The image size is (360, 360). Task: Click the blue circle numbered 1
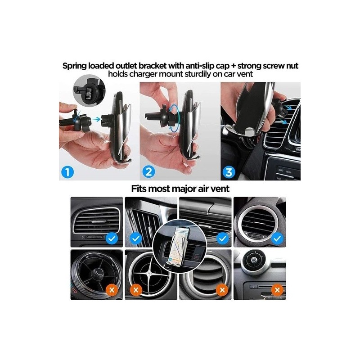[x=67, y=172]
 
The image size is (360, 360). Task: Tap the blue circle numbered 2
[x=148, y=172]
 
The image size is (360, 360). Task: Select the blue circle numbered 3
[x=229, y=172]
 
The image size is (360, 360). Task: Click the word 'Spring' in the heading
[x=75, y=66]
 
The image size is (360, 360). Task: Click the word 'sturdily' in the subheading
[x=204, y=74]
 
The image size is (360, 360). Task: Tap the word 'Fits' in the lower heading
[x=139, y=189]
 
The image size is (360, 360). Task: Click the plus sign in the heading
[x=233, y=66]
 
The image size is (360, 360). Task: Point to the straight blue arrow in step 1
[x=97, y=119]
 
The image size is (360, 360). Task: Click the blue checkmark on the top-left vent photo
[x=112, y=239]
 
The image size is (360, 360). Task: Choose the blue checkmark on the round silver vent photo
[x=277, y=239]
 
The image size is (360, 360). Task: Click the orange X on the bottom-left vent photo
[x=112, y=290]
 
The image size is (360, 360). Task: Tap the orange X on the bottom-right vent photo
[x=277, y=290]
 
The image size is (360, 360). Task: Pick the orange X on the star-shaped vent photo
[x=136, y=290]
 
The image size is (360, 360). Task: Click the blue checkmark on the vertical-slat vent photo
[x=136, y=239]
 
